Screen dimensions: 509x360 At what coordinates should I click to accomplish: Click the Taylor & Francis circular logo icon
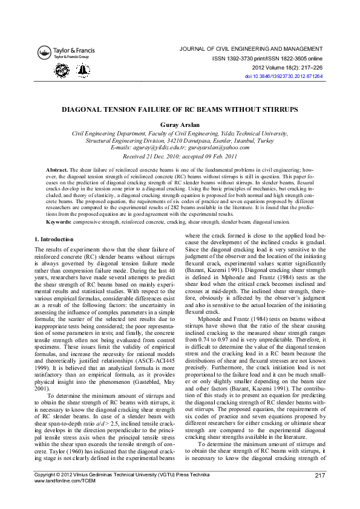click(x=45, y=53)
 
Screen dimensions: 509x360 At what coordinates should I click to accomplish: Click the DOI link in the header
click(x=283, y=77)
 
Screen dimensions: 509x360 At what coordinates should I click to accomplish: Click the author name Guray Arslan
click(x=180, y=125)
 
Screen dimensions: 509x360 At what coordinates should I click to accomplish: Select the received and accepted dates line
click(x=180, y=156)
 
